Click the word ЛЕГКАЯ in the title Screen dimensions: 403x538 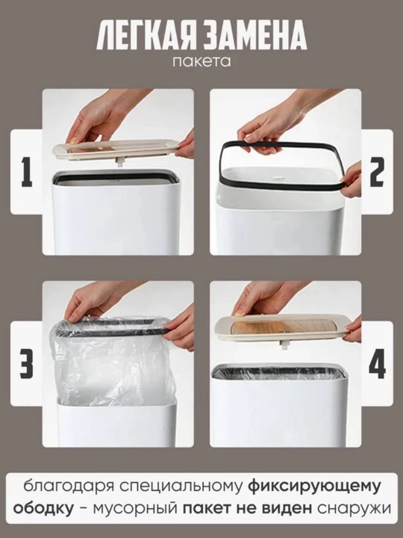pos(145,36)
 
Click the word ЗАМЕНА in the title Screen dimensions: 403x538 pos(253,36)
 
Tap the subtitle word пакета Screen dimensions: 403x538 pos(201,62)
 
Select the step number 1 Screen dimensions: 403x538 pos(27,172)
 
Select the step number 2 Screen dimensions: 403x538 pos(377,172)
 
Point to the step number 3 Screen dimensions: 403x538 pos(27,364)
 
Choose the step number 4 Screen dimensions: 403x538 pos(377,364)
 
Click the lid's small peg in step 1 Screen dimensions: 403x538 pos(120,162)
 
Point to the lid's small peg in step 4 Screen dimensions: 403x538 pos(283,345)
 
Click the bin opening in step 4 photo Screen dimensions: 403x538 pos(278,372)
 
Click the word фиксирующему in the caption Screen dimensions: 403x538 pos(314,487)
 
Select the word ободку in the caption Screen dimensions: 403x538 pos(43,509)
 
